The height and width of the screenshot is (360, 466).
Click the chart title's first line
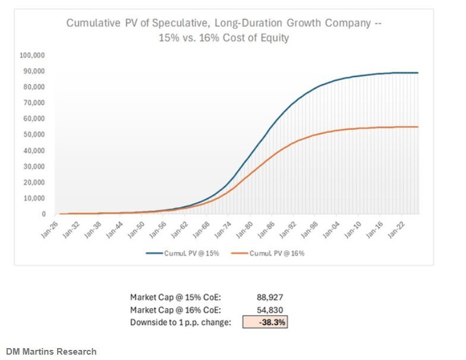223,23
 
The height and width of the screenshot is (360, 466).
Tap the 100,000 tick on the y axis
32,55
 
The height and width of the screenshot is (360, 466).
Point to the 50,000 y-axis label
34,134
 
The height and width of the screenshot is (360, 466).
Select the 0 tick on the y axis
44,214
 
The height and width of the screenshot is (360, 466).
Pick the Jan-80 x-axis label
244,230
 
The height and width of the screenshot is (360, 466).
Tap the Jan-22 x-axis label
396,230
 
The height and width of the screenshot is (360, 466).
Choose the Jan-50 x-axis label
136,230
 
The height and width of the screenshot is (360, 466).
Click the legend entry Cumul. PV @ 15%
182,253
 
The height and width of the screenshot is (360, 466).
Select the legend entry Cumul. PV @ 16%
267,253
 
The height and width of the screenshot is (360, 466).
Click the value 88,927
270,297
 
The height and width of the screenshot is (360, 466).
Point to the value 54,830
270,310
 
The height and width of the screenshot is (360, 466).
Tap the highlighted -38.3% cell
265,322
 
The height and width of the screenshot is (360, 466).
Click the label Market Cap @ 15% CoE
176,297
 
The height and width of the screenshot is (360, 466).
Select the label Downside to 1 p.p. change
181,322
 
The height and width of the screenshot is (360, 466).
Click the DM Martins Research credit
51,352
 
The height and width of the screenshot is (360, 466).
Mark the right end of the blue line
418,72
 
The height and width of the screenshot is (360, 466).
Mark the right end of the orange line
418,127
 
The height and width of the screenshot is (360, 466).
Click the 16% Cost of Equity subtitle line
223,38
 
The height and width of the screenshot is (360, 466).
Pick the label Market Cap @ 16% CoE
176,310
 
